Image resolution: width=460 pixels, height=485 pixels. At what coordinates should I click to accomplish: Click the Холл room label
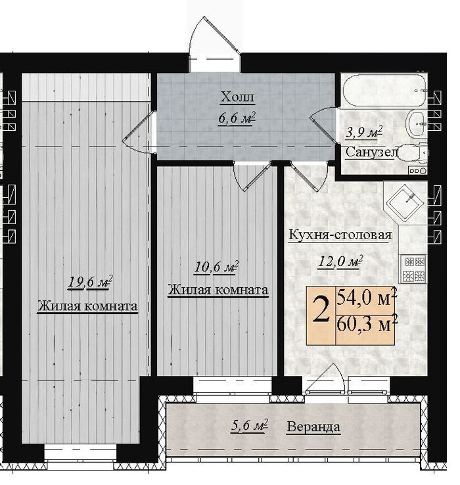tap(237, 97)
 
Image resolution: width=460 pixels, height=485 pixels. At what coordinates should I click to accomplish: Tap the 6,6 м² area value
tap(237, 118)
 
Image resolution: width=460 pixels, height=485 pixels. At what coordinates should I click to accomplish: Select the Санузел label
tap(371, 152)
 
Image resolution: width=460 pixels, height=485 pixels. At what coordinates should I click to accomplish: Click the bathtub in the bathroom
tap(384, 90)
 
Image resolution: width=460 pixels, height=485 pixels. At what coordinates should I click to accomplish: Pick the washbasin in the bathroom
tap(415, 124)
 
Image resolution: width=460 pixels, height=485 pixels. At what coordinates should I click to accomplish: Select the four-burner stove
tap(414, 269)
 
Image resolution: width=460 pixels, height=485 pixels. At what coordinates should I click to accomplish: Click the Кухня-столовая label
tap(340, 235)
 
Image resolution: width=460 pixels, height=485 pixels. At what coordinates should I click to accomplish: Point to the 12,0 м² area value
tap(340, 262)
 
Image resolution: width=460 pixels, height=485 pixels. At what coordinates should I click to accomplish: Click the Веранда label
tap(313, 427)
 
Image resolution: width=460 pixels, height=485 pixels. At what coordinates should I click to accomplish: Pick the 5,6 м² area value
tap(249, 426)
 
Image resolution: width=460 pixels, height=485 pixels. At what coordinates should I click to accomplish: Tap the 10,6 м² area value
tap(216, 267)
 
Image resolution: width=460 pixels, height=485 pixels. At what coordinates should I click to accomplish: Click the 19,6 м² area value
tap(90, 282)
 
